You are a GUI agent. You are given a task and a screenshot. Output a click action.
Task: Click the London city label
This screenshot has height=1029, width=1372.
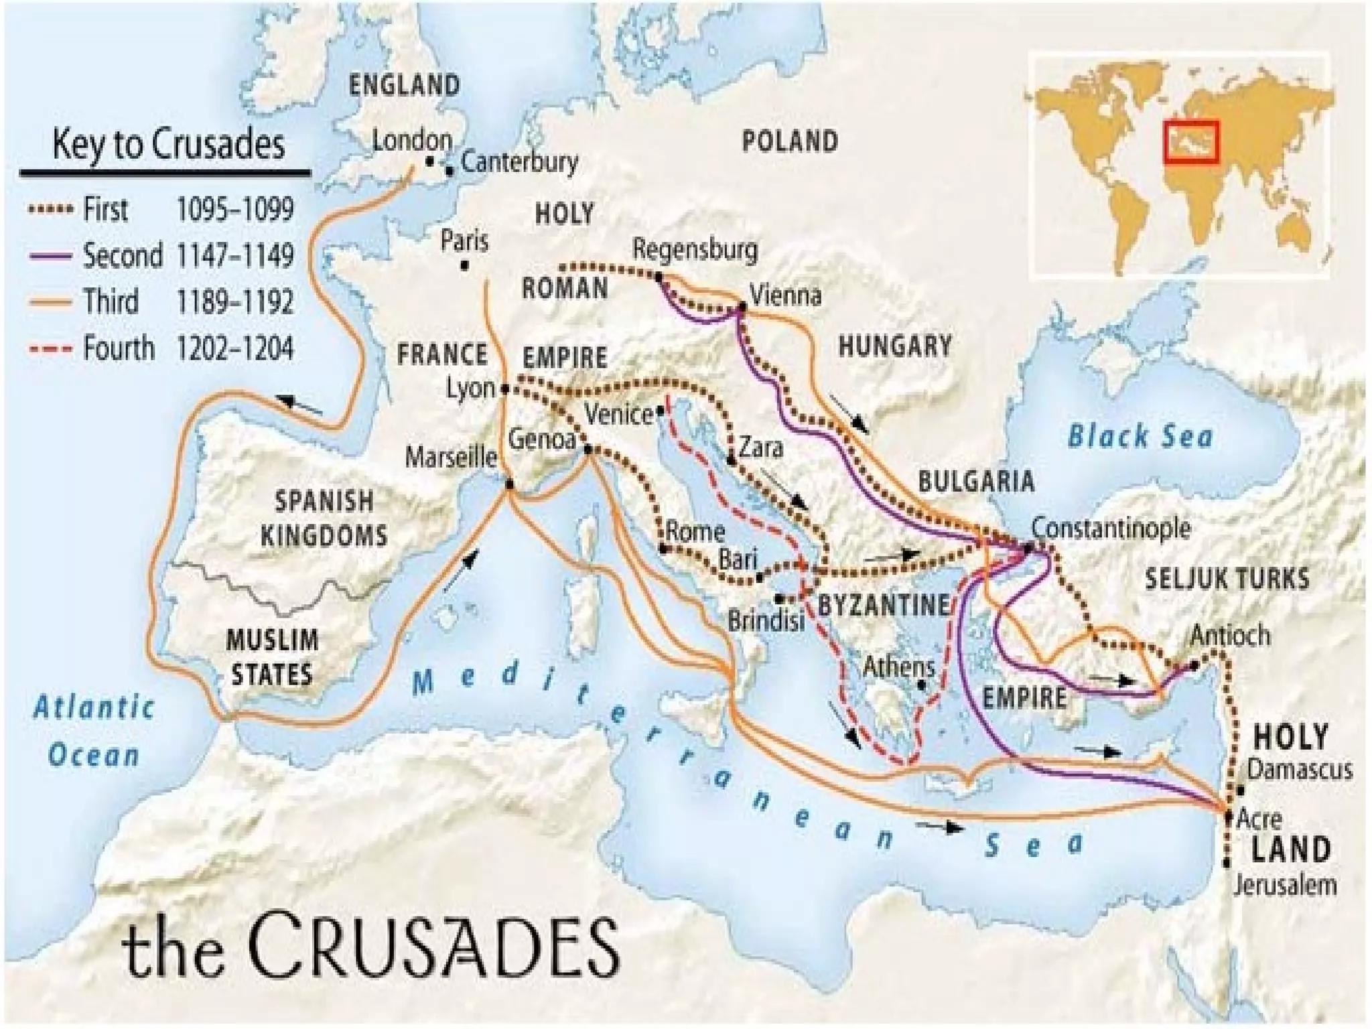(x=411, y=141)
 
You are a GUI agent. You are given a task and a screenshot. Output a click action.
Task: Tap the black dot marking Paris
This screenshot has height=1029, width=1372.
(x=464, y=266)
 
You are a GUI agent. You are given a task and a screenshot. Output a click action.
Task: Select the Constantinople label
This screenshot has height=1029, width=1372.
(x=1110, y=528)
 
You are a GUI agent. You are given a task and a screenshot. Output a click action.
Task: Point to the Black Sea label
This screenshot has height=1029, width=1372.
(x=1140, y=436)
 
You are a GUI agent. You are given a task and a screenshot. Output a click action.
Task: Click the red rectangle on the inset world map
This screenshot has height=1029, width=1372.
(x=1191, y=141)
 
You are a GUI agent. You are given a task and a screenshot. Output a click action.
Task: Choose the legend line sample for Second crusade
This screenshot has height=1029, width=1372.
(x=50, y=256)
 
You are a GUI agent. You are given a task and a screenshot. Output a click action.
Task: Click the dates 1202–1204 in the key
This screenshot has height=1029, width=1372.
(x=234, y=349)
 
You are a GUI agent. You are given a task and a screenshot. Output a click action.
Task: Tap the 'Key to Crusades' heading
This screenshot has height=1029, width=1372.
(x=168, y=144)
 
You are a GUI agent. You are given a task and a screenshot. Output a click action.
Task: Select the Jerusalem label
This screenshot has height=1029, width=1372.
(x=1285, y=885)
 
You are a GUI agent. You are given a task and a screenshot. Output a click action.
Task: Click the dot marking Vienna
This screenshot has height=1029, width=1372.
(x=742, y=307)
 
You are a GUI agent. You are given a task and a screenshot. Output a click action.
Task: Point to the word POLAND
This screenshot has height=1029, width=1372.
(x=790, y=141)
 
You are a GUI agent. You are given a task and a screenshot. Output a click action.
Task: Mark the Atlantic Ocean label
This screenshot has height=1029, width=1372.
(x=94, y=731)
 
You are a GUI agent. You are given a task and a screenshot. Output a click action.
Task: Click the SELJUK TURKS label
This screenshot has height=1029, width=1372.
(x=1227, y=579)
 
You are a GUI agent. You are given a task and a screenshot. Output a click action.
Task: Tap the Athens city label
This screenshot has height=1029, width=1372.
(x=898, y=667)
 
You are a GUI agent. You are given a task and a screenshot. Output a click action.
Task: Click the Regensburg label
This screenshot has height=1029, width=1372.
(x=695, y=249)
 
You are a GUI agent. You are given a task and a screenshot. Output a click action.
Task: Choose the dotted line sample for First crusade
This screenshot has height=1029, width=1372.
(x=50, y=210)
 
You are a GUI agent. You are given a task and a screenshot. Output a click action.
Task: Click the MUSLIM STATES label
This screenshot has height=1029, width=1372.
(x=272, y=657)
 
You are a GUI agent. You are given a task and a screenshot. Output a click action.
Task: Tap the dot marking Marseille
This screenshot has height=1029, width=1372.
(x=509, y=484)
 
